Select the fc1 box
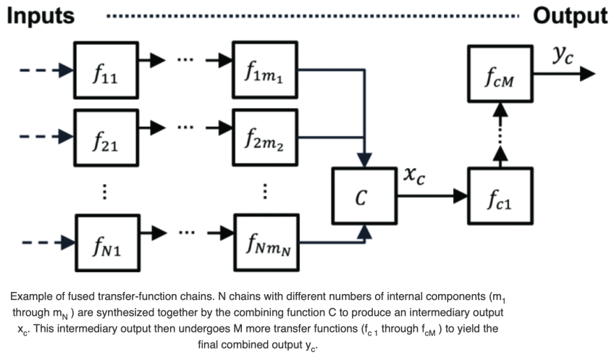click(500, 196)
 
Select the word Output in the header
click(570, 14)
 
